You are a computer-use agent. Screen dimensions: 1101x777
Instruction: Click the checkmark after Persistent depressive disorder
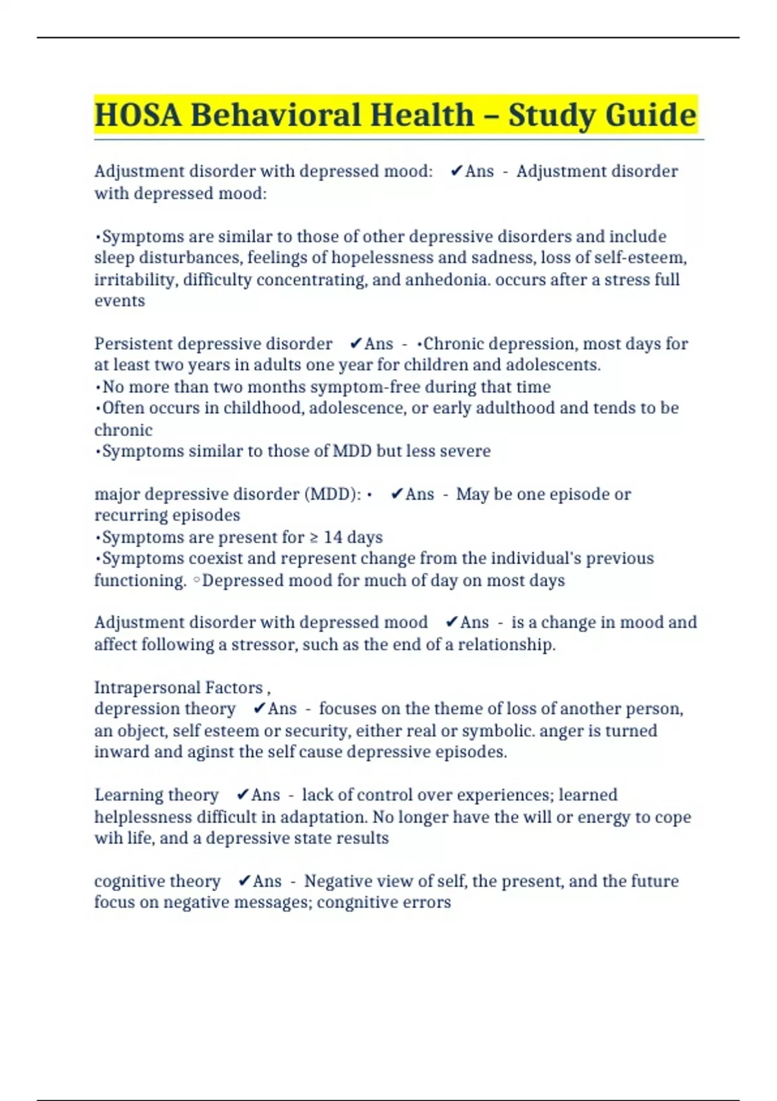[x=355, y=343]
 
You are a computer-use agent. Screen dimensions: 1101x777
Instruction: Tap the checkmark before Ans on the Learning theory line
[x=243, y=795]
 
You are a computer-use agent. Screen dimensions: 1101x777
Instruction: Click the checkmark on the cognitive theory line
[x=244, y=881]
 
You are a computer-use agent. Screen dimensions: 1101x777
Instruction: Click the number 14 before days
[x=333, y=538]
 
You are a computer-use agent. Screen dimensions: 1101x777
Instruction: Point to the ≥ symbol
[x=313, y=538]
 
